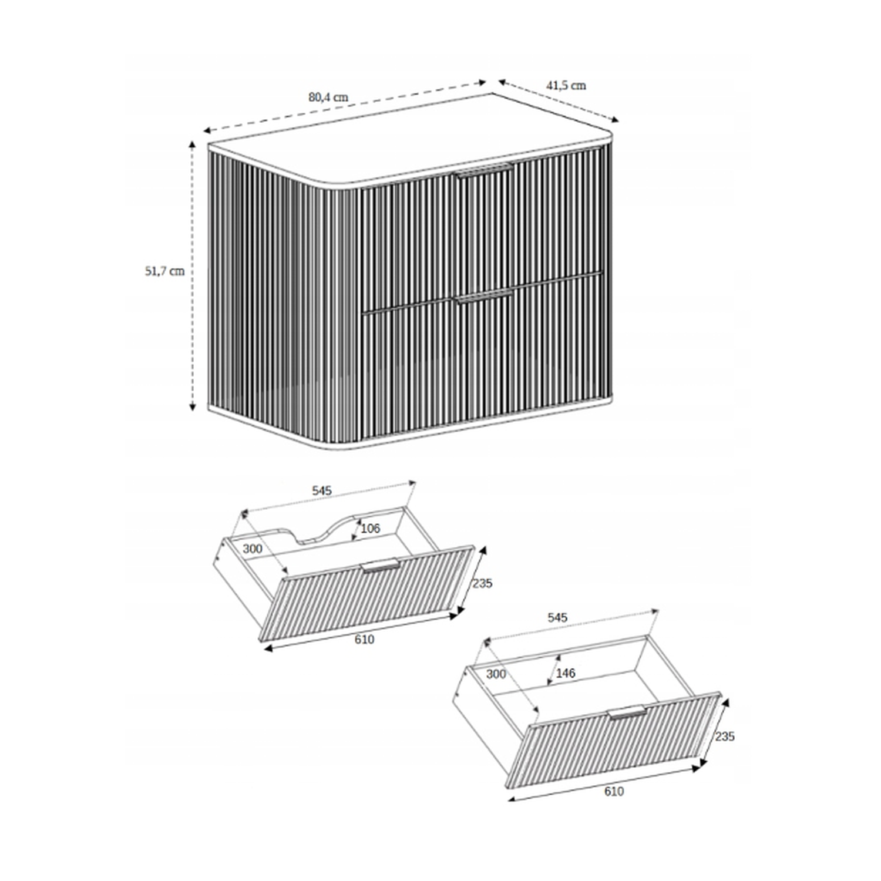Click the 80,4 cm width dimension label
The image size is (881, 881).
[328, 97]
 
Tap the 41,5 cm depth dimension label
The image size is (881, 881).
[566, 85]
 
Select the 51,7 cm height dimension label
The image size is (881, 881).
[165, 271]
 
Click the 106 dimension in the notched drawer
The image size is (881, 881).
[370, 529]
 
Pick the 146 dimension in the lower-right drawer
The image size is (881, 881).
[565, 673]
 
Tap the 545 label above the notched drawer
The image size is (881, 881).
[322, 490]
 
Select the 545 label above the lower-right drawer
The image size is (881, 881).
[557, 617]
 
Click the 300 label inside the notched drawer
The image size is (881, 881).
[253, 549]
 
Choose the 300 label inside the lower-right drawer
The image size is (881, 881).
[496, 674]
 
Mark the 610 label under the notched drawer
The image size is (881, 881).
[364, 639]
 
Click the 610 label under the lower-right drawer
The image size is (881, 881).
[614, 791]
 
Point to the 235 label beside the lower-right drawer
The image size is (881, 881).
[724, 736]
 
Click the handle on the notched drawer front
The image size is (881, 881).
[381, 566]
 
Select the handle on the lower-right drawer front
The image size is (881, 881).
[627, 711]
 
